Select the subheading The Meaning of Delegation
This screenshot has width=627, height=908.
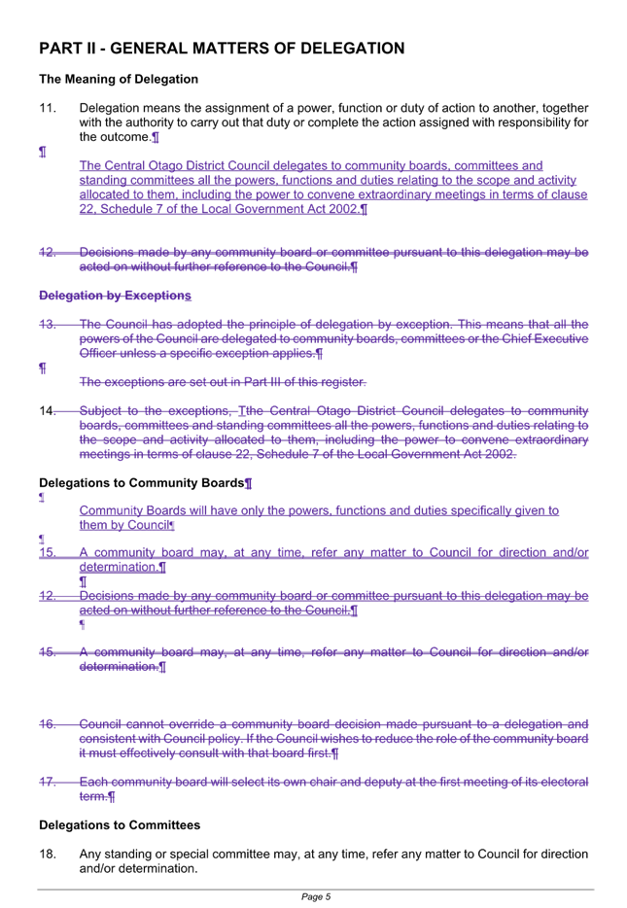pos(119,80)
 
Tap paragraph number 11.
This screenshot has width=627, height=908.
pos(48,108)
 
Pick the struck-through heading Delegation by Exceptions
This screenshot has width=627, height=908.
pos(116,296)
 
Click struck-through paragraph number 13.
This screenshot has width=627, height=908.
pos(48,325)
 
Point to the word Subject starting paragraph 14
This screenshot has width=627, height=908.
pos(102,411)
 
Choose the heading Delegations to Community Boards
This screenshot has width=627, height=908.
pos(142,483)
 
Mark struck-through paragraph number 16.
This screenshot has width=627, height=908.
pos(48,724)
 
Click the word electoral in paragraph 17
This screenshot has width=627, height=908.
pos(565,783)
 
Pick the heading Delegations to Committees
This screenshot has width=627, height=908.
pos(120,825)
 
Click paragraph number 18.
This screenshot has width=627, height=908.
pos(48,855)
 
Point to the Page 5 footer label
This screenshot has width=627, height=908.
pos(316,897)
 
